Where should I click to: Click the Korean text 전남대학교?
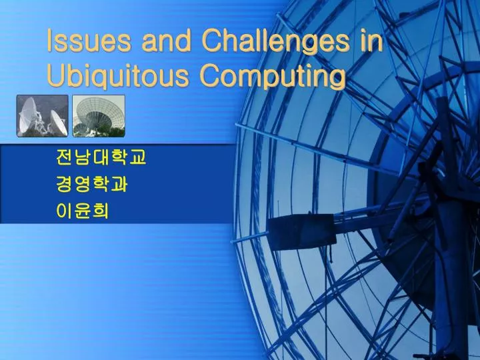pyautogui.click(x=101, y=158)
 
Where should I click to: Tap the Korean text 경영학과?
pyautogui.click(x=92, y=185)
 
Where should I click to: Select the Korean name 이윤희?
pyautogui.click(x=83, y=211)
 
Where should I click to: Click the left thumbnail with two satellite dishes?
pyautogui.click(x=42, y=116)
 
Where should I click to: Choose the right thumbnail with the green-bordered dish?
pyautogui.click(x=98, y=116)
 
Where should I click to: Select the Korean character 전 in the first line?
pyautogui.click(x=65, y=158)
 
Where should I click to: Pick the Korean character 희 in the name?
pyautogui.click(x=101, y=211)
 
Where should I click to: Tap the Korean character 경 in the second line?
pyautogui.click(x=65, y=185)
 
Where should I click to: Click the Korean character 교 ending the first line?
pyautogui.click(x=137, y=158)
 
